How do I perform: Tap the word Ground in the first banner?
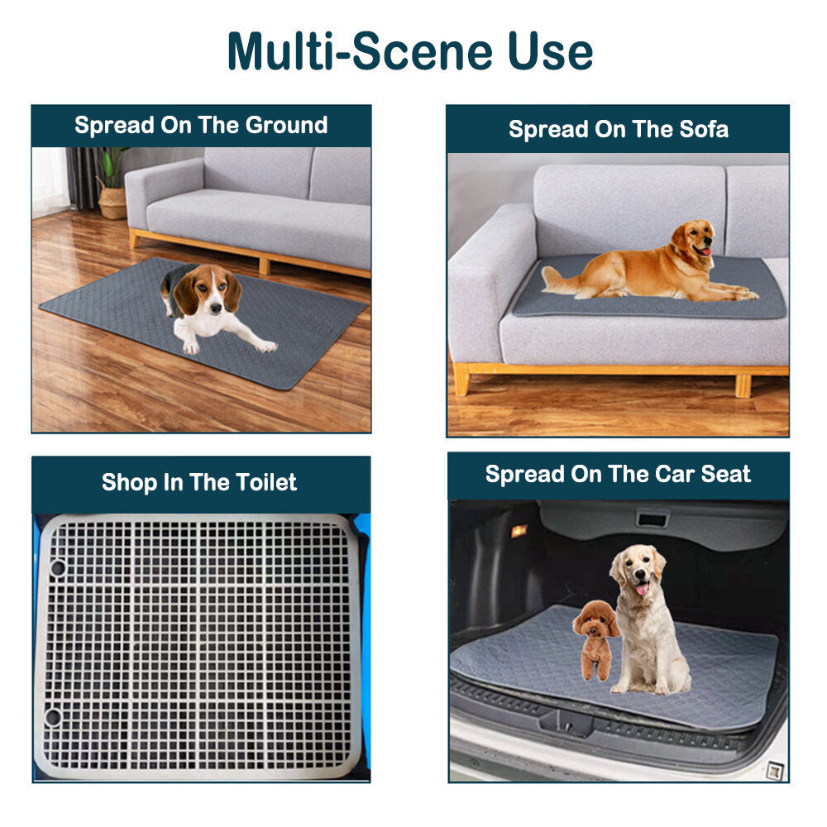pos(286,126)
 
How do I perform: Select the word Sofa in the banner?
pos(704,129)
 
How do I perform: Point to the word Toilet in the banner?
pos(265,482)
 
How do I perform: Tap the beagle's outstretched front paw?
pos(265,346)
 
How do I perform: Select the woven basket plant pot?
pos(112,203)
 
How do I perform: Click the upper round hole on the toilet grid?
pos(58,568)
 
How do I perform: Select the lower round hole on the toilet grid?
pos(53,717)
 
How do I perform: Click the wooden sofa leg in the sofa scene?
pos(460,378)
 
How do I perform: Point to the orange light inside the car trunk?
pos(519,531)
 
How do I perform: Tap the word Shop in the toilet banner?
pos(129,483)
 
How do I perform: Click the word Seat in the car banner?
pos(726,474)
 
